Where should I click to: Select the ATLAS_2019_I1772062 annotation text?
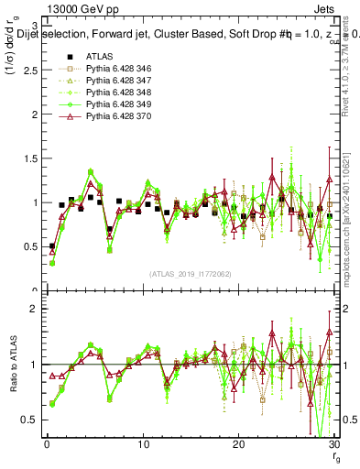(190, 273)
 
